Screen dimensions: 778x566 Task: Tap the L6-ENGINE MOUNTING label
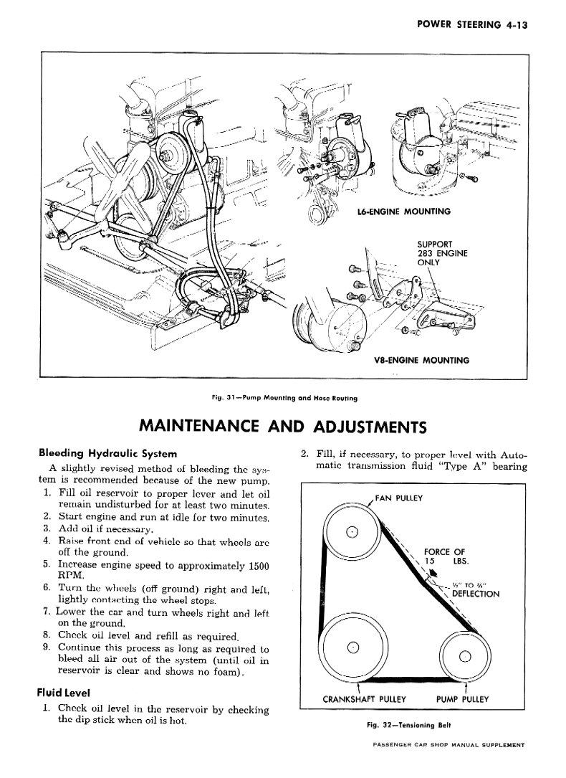[x=403, y=212]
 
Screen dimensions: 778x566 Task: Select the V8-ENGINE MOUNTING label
[x=422, y=360]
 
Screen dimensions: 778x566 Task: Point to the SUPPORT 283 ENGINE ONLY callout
[x=442, y=252]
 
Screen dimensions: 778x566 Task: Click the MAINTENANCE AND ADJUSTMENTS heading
[x=282, y=427]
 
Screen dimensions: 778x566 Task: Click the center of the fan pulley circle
[x=352, y=531]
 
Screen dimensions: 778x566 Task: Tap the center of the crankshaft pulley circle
[x=352, y=649]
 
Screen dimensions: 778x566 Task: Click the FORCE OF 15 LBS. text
[x=444, y=556]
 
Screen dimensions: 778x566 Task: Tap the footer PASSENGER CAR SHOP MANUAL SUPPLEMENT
[x=449, y=764]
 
